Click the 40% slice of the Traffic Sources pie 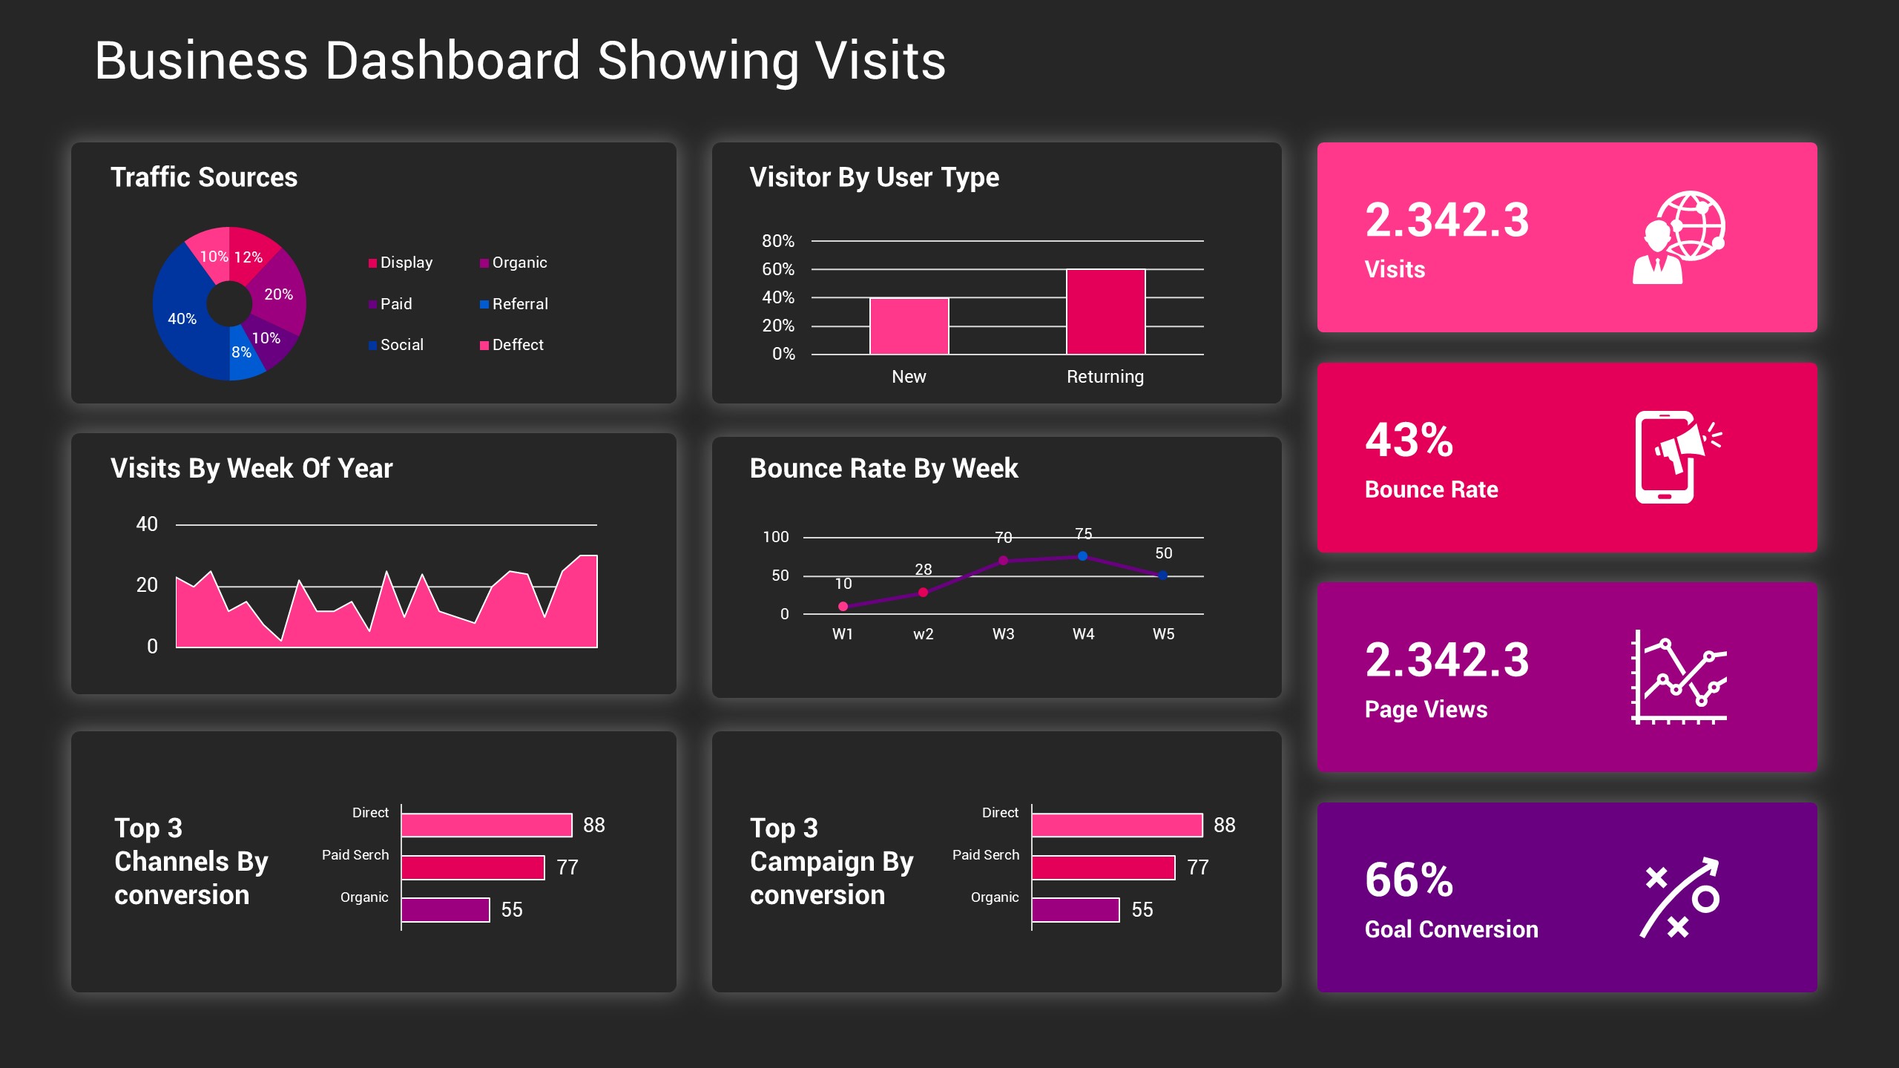182,318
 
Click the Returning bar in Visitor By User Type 1105,311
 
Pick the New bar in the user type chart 909,326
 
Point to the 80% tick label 777,241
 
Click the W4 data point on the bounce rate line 1082,556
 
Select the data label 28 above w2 923,570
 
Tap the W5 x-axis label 1163,634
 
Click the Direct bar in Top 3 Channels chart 487,825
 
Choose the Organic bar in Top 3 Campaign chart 1075,909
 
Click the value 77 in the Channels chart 567,867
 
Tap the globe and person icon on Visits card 1679,237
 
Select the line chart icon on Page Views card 1679,676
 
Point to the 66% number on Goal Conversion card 1409,880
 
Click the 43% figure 1409,440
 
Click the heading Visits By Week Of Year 251,468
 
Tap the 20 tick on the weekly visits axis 147,585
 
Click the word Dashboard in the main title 452,61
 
